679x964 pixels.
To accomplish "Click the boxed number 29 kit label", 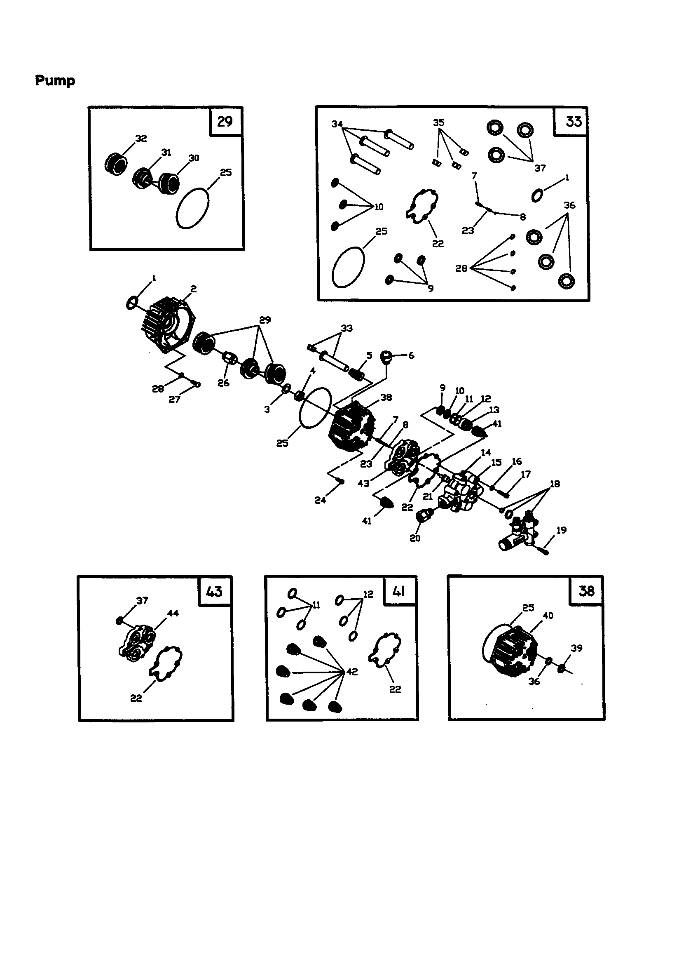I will (x=225, y=122).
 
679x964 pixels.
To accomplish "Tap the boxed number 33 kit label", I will (x=573, y=122).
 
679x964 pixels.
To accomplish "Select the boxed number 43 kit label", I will (x=214, y=591).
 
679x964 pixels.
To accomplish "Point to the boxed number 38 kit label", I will (x=586, y=591).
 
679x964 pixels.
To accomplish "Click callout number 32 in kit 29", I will (x=141, y=139).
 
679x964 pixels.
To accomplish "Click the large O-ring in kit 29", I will (x=192, y=208).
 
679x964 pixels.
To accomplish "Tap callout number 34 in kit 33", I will (x=337, y=124).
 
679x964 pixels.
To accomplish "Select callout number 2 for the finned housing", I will (x=194, y=289).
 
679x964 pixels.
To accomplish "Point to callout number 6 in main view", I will (x=411, y=355).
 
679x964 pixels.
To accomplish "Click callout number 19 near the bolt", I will (x=561, y=530).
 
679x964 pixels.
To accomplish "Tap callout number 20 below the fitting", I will (x=414, y=538).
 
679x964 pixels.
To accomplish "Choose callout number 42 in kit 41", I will (x=352, y=672).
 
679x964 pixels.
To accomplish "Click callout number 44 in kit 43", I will (x=173, y=614).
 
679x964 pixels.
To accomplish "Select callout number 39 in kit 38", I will (x=576, y=648).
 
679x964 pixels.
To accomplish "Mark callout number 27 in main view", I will (x=174, y=399).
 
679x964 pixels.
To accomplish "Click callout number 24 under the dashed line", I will (x=320, y=500).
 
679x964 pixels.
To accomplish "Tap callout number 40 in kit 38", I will (x=548, y=616).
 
